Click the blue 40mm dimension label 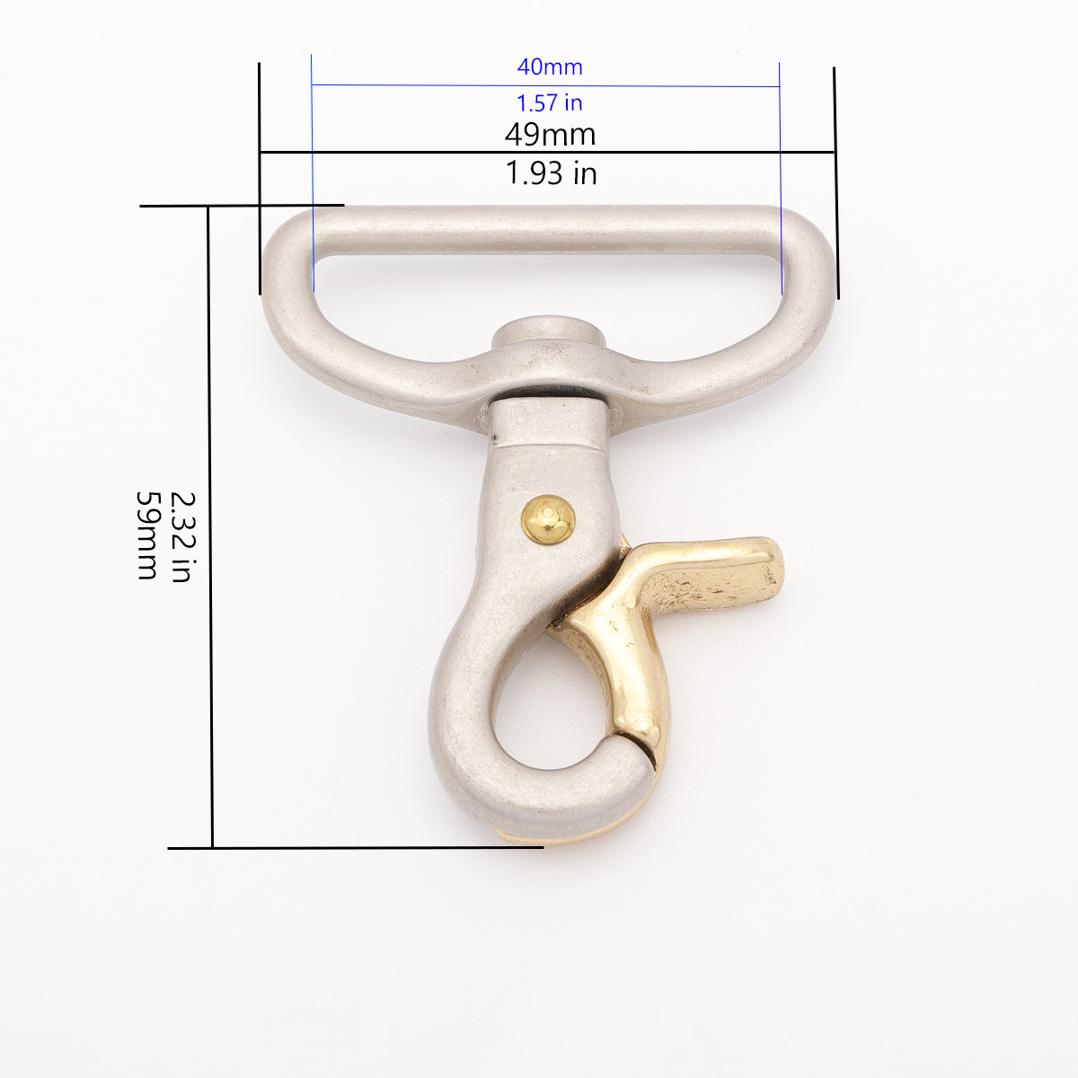point(550,67)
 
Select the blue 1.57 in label point(550,103)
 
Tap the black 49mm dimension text point(550,134)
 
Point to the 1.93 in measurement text point(551,172)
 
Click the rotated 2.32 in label point(181,537)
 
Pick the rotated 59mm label point(146,535)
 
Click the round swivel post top point(548,334)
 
